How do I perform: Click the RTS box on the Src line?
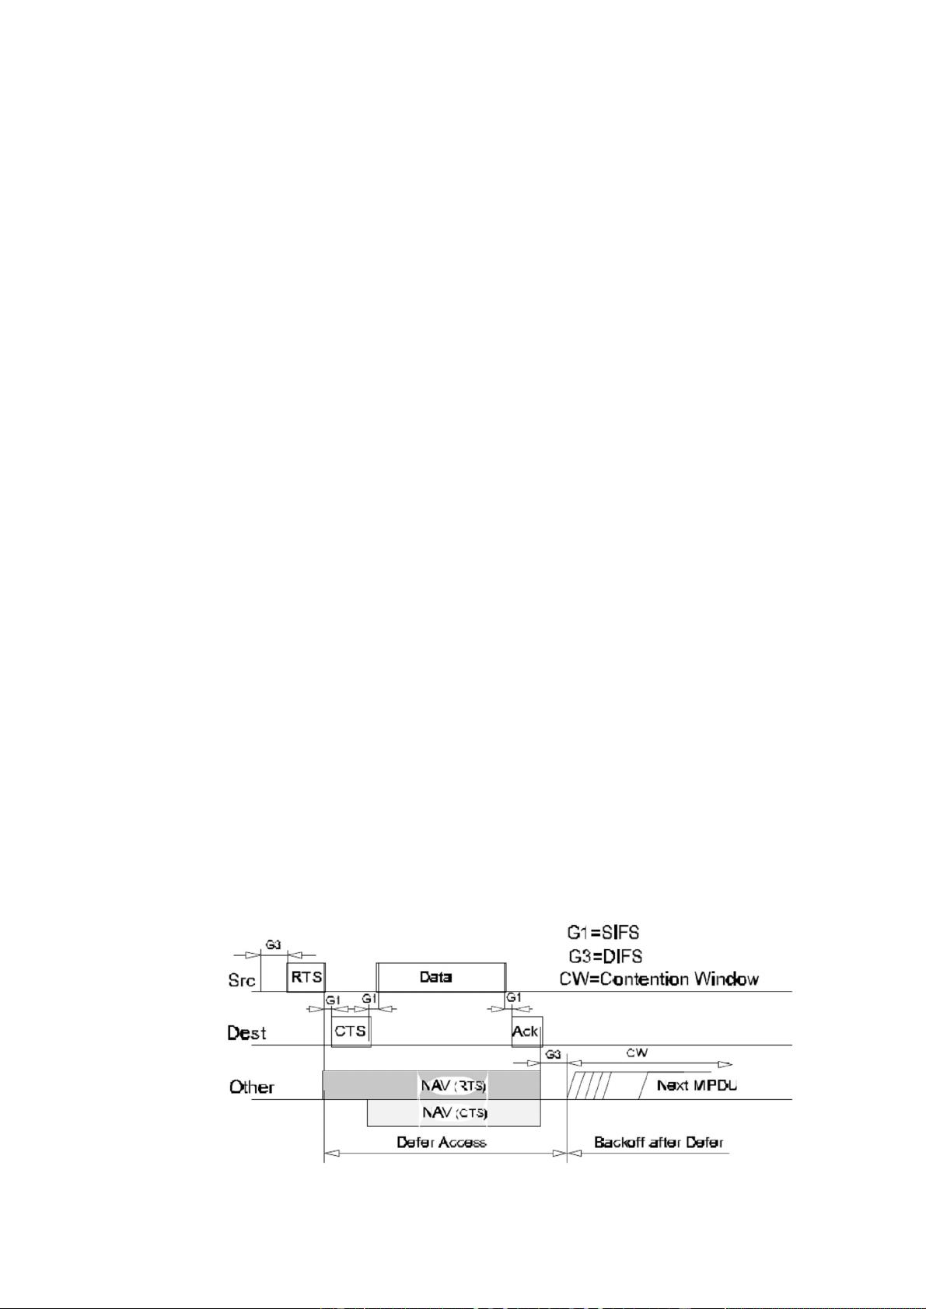[x=306, y=977]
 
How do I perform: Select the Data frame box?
[x=440, y=977]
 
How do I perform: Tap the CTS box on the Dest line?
[x=351, y=1031]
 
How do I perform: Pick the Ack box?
[x=526, y=1031]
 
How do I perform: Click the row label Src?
[x=242, y=980]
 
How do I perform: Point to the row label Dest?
[x=246, y=1033]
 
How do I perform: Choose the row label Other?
[x=251, y=1087]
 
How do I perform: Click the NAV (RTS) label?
[x=455, y=1085]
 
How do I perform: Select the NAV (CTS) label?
[x=455, y=1112]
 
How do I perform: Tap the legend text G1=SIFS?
[x=603, y=931]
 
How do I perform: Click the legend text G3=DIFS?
[x=604, y=955]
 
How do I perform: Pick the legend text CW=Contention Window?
[x=659, y=979]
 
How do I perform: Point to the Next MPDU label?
[x=697, y=1085]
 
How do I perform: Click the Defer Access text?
[x=441, y=1142]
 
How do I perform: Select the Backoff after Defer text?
[x=659, y=1142]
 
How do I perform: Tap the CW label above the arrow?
[x=637, y=1053]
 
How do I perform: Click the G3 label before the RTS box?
[x=274, y=945]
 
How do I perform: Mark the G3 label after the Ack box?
[x=552, y=1055]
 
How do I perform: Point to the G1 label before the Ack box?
[x=514, y=997]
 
